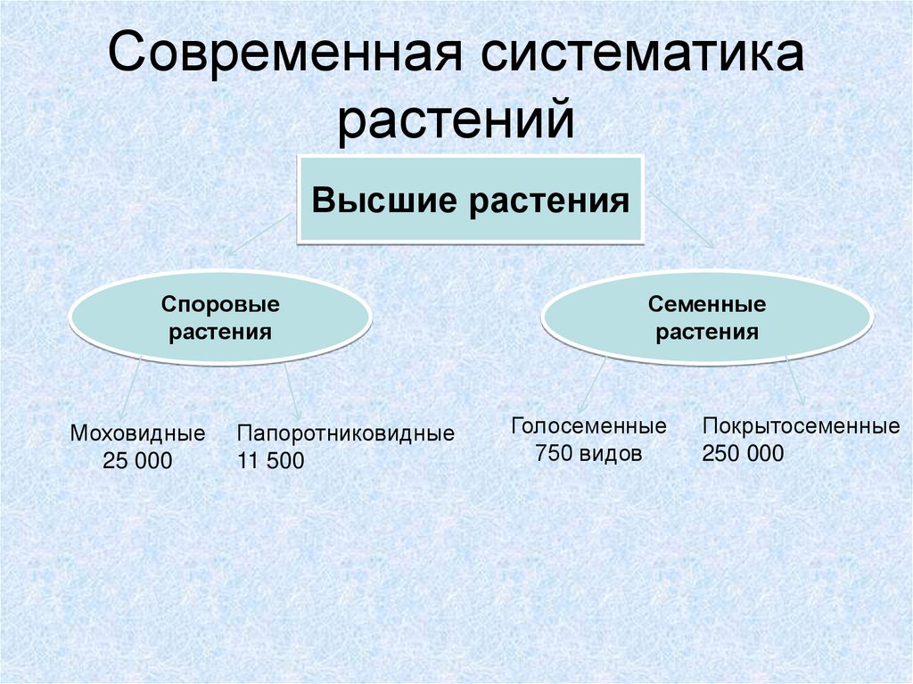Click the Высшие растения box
[470, 200]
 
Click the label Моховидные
[137, 434]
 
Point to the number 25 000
[137, 461]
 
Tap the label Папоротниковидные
[345, 434]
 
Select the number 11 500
[271, 461]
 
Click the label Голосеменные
[588, 425]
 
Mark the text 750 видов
[588, 453]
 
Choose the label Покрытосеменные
[801, 425]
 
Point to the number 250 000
[743, 453]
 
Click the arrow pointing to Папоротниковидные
[293, 388]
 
